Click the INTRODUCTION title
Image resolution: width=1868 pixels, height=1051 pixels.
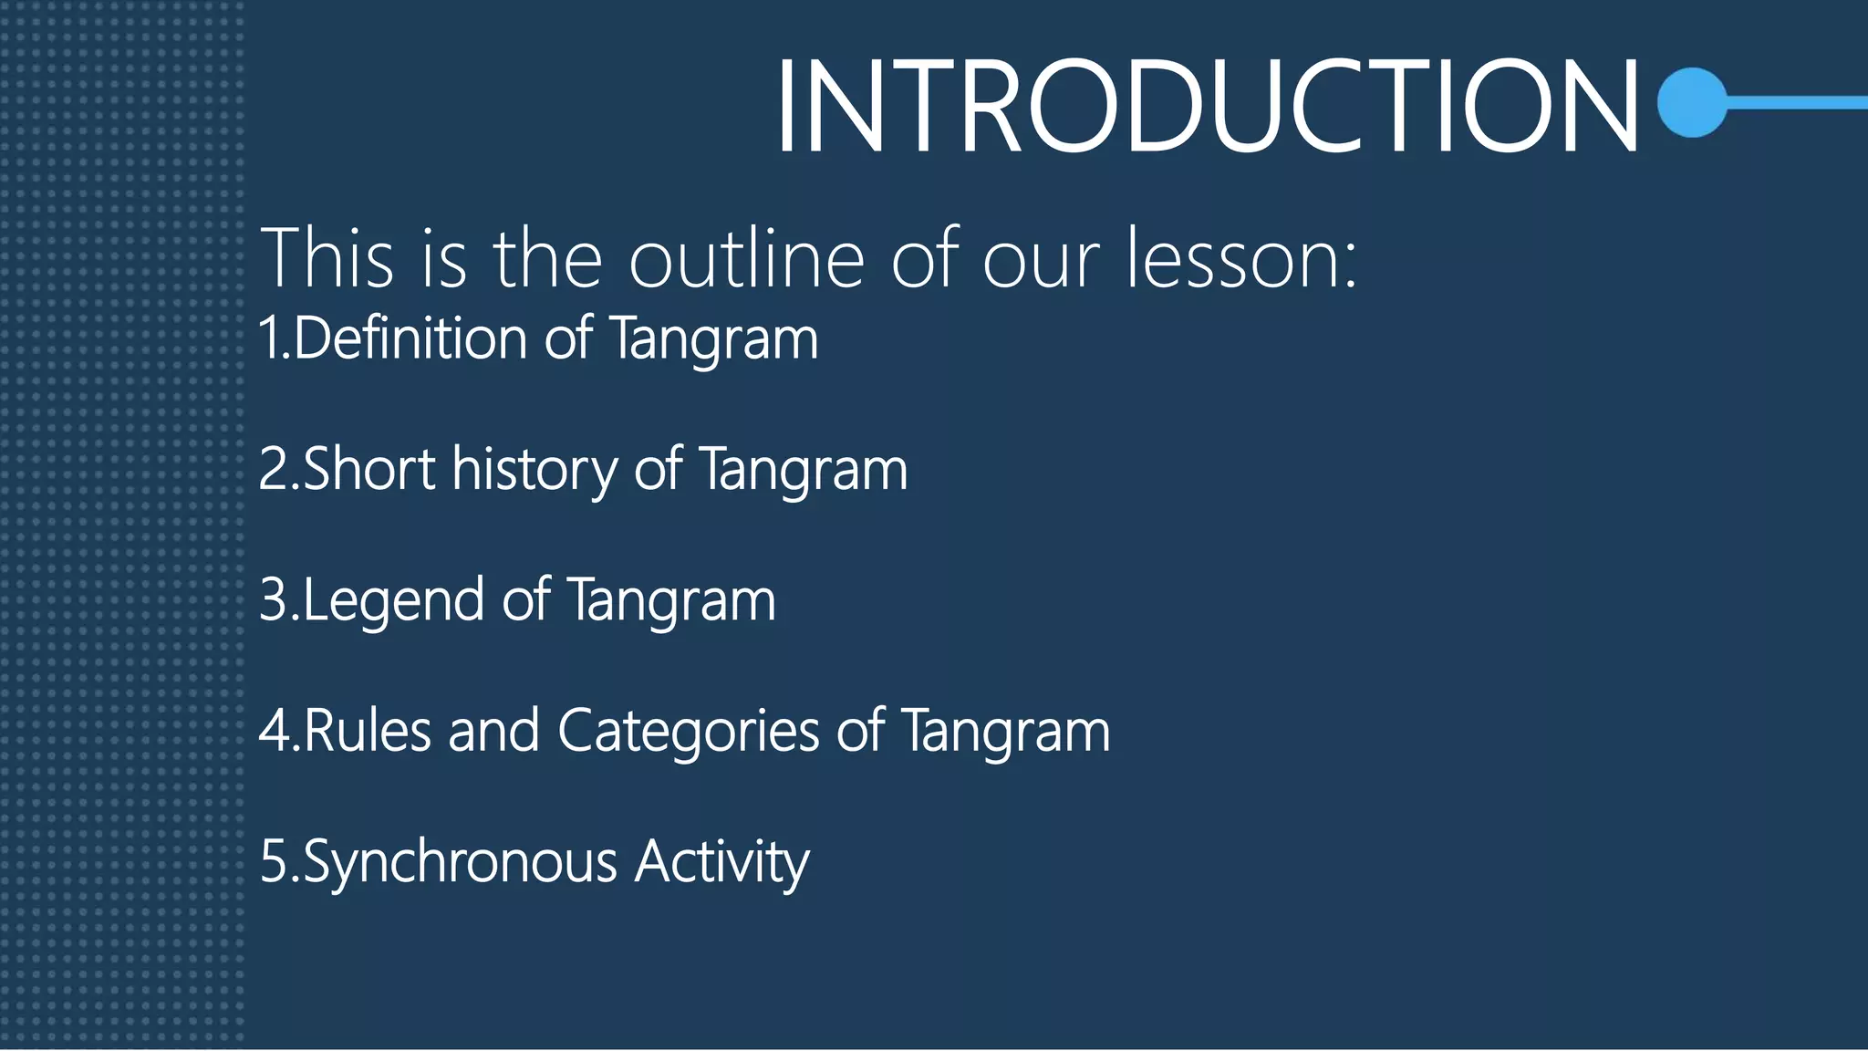click(x=1206, y=106)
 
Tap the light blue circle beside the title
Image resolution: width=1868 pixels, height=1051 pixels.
click(x=1693, y=102)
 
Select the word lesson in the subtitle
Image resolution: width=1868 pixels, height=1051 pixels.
click(x=1240, y=259)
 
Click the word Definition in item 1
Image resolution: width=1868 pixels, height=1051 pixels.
click(x=410, y=338)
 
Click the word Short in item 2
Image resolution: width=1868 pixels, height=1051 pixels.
click(x=368, y=469)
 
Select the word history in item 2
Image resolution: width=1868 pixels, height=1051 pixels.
click(x=534, y=471)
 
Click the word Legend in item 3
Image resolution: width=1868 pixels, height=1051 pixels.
click(x=393, y=601)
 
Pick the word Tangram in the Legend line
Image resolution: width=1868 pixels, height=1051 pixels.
click(x=671, y=601)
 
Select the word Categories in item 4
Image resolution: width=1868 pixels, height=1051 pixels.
click(x=689, y=733)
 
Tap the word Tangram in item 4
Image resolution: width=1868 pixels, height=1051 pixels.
click(x=1005, y=733)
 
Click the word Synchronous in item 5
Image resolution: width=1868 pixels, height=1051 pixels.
click(x=460, y=862)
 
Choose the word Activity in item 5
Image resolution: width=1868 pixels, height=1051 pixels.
click(x=721, y=862)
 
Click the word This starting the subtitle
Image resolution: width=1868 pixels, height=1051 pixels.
click(x=327, y=259)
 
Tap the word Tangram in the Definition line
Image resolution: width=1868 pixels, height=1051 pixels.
click(x=713, y=340)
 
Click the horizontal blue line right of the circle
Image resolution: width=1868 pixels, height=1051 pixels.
click(x=1797, y=103)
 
